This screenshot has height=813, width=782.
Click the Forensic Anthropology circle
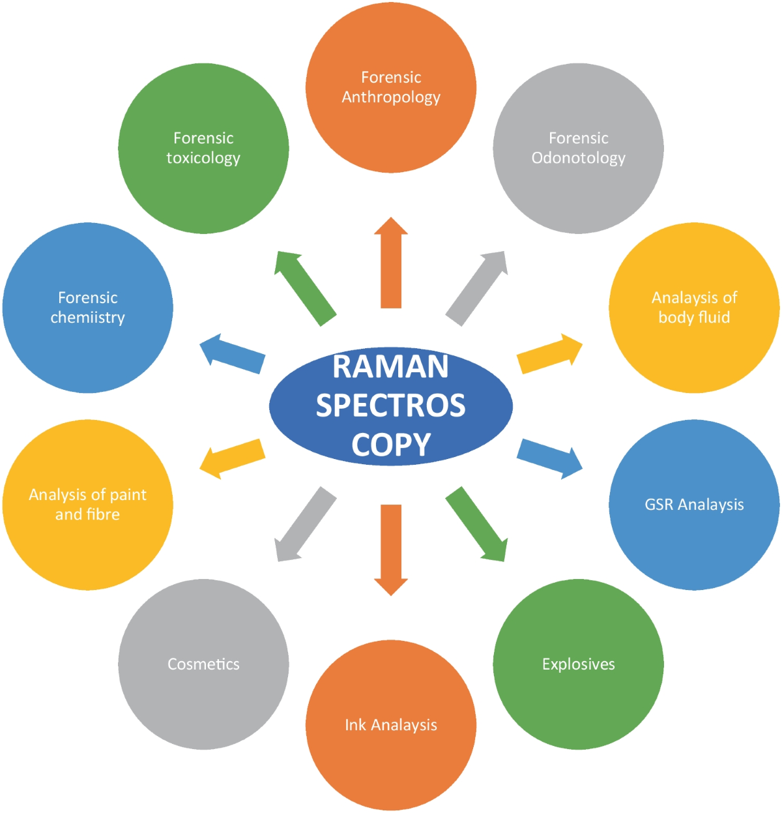click(391, 87)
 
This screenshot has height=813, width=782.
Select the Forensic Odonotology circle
click(578, 148)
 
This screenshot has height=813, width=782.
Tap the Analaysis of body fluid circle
click(694, 308)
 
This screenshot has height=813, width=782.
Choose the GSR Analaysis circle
click(694, 505)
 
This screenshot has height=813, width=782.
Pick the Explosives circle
click(578, 664)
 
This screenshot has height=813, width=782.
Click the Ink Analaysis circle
click(391, 725)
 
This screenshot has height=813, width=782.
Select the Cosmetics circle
click(203, 664)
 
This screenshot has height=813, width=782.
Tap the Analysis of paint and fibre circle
click(87, 505)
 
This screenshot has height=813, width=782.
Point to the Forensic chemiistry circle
click(87, 308)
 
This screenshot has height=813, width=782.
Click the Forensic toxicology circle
click(203, 148)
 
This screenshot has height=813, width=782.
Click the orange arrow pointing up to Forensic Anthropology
click(391, 264)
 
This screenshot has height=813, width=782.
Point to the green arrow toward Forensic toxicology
click(304, 287)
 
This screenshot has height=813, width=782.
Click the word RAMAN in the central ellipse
click(390, 366)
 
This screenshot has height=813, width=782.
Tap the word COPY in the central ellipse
click(391, 445)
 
